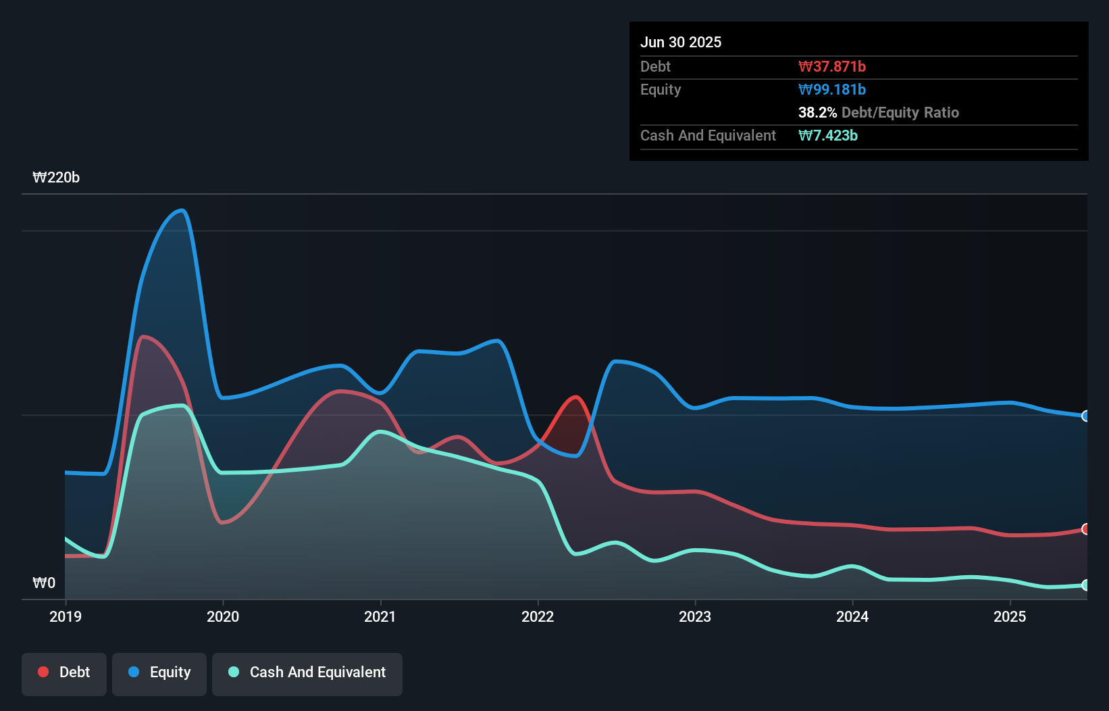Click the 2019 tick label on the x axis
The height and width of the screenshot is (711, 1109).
[66, 616]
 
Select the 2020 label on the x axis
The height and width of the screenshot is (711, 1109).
[223, 616]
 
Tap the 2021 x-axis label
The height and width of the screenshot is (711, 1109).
[380, 616]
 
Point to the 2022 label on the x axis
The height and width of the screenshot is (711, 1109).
[538, 616]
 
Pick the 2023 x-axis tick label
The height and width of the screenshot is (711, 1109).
[695, 616]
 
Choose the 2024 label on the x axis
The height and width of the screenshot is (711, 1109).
[852, 616]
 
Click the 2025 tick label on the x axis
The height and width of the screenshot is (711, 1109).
[1010, 616]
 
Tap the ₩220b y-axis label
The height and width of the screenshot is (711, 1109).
[56, 178]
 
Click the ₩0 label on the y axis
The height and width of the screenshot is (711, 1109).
[44, 583]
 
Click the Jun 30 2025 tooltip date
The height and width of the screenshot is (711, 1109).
[681, 43]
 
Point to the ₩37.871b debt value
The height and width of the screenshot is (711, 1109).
[832, 67]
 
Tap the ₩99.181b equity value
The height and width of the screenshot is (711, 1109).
[832, 90]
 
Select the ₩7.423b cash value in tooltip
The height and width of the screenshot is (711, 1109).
[828, 136]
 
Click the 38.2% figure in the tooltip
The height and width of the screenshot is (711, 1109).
[817, 113]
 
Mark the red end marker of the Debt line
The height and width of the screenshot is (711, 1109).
[1085, 529]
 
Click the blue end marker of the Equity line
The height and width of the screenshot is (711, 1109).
[1085, 416]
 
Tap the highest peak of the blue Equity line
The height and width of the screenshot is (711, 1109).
[181, 210]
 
